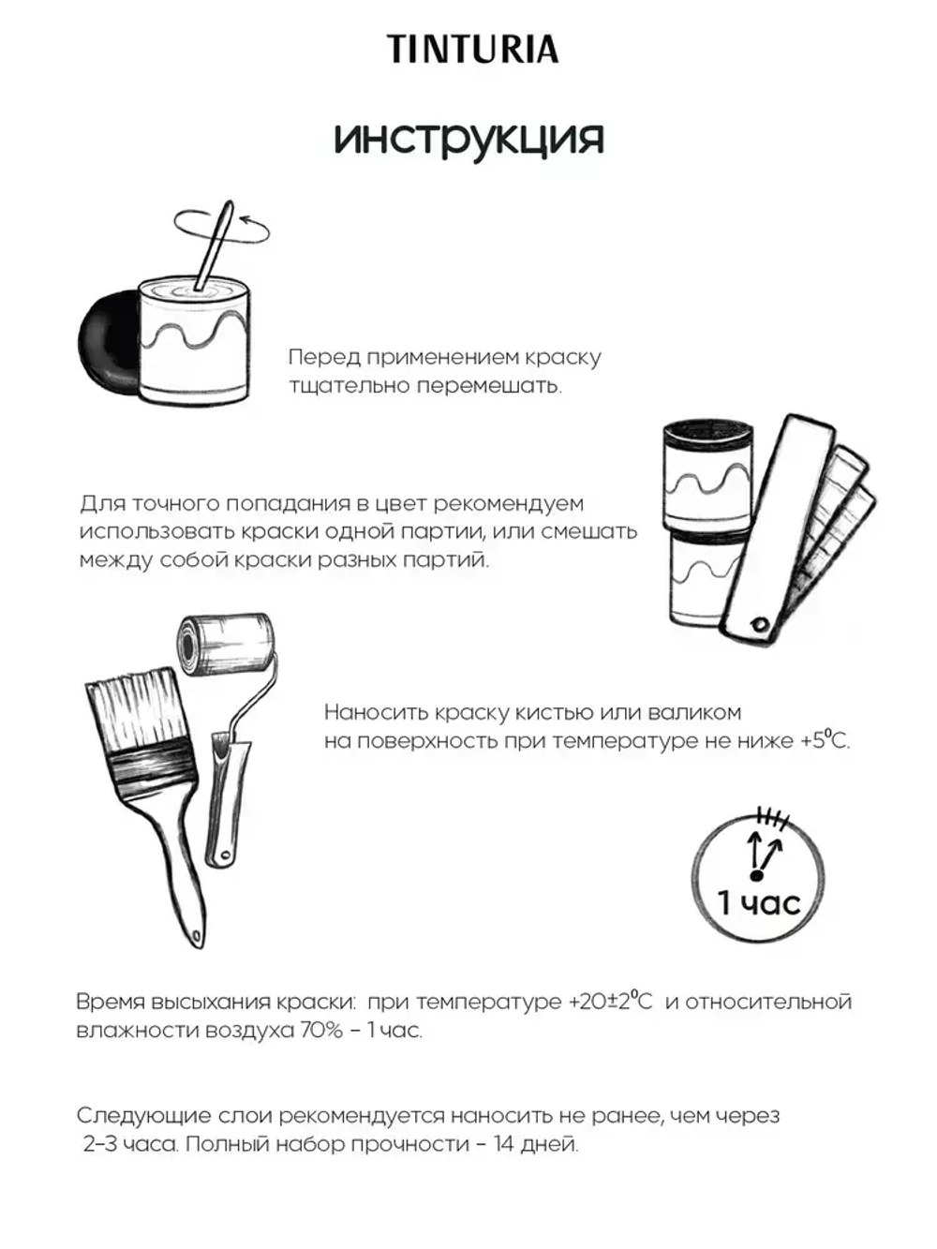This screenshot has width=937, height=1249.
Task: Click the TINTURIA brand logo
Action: click(473, 49)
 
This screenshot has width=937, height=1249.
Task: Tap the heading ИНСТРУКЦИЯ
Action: click(468, 140)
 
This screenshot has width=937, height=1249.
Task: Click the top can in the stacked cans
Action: click(707, 478)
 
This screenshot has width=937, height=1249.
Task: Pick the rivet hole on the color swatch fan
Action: click(760, 624)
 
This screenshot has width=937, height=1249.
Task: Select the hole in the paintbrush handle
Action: click(195, 932)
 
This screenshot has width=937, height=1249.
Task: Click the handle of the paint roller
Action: click(225, 806)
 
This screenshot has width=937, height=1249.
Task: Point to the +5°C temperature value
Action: click(825, 740)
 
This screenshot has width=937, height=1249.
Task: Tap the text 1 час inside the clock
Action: click(758, 902)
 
